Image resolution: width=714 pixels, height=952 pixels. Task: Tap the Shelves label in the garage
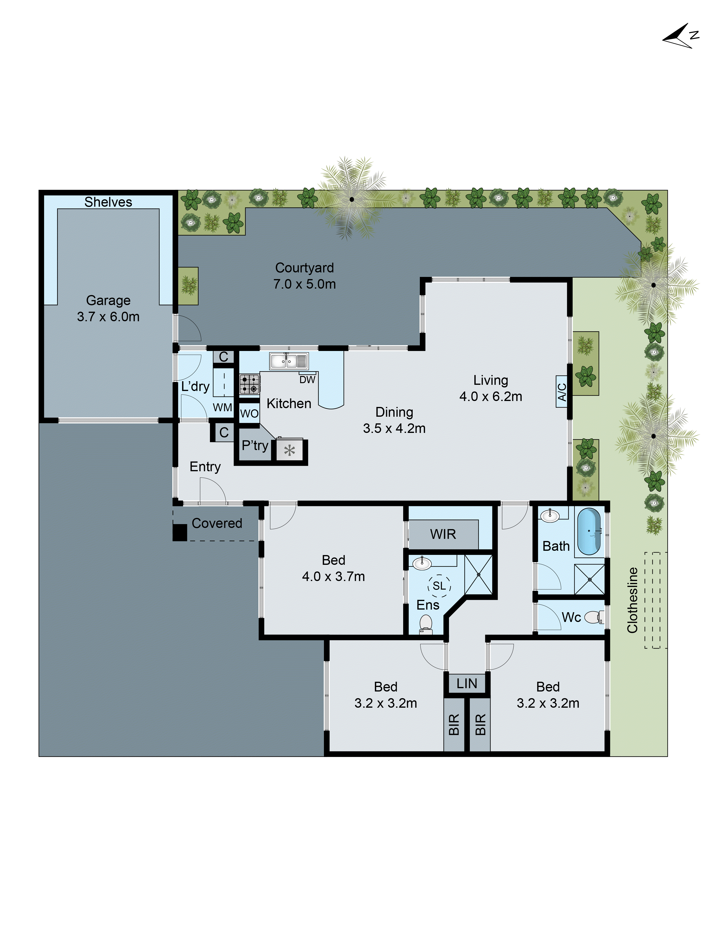pos(108,202)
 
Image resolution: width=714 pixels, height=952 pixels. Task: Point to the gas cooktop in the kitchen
pos(249,383)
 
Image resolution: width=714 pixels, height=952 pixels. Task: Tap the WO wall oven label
pos(249,414)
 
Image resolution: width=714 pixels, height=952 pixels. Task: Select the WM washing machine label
pos(222,407)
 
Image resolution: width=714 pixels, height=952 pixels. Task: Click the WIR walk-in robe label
pos(443,534)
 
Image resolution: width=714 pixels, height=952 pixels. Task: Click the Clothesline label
pos(632,600)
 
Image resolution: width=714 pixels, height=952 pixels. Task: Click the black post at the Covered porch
pos(180,532)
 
